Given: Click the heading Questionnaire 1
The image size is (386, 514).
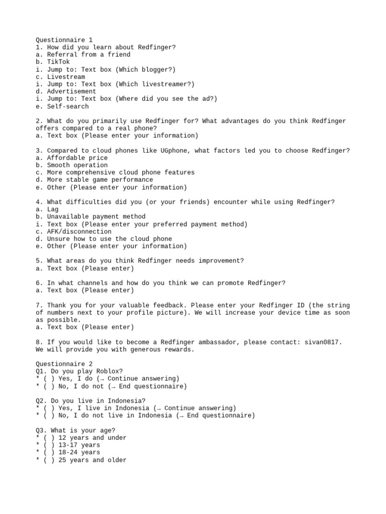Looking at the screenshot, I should (x=64, y=40).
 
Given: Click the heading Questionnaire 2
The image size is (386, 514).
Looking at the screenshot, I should (x=64, y=364).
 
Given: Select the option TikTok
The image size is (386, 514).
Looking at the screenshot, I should (x=58, y=62).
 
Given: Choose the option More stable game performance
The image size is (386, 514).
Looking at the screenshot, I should (x=100, y=180).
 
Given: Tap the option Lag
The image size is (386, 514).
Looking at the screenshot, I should (x=53, y=209).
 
